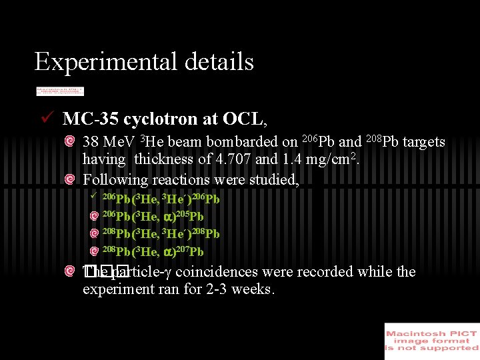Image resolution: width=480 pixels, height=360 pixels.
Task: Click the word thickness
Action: pos(163,160)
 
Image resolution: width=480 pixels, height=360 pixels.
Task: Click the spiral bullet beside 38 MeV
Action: pos(70,142)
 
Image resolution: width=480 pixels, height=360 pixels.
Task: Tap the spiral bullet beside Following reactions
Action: pos(70,179)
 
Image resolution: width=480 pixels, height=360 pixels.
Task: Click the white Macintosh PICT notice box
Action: pos(431,341)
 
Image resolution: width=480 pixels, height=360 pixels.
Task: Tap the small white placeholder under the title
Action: pos(60,91)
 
